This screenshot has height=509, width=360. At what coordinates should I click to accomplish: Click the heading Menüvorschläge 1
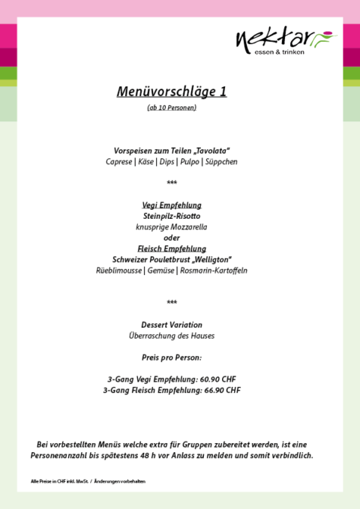[x=172, y=91]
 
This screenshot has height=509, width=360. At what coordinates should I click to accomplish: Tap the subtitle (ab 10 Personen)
[x=172, y=108]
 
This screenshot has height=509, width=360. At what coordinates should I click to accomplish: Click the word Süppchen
[x=221, y=161]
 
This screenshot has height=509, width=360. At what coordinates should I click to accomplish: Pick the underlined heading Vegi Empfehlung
[x=172, y=205]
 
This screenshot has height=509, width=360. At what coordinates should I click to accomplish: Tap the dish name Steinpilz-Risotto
[x=172, y=216]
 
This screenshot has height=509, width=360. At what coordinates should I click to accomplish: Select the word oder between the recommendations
[x=172, y=238]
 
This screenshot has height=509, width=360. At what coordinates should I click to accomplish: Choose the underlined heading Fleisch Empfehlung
[x=172, y=248]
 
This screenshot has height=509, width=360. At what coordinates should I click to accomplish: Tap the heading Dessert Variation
[x=172, y=325]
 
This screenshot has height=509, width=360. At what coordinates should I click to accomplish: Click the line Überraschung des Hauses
[x=172, y=336]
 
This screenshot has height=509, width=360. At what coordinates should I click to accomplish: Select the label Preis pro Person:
[x=172, y=357]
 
